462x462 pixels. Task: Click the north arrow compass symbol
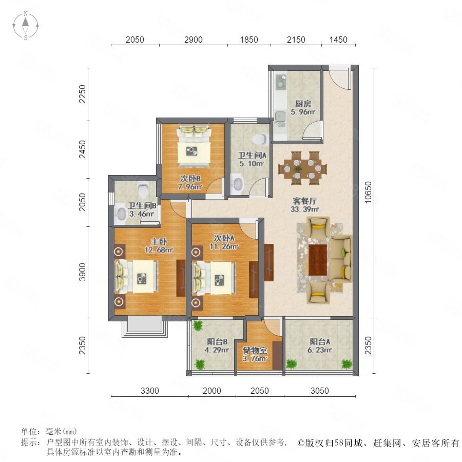[26, 26]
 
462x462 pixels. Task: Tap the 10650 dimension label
[368, 192]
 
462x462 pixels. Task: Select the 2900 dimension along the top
[194, 40]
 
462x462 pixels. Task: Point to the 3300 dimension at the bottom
[150, 391]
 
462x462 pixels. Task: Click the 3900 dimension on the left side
[83, 272]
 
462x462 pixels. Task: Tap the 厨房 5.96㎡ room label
[303, 108]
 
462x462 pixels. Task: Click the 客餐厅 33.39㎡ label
[304, 205]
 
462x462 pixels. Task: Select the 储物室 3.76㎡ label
[255, 354]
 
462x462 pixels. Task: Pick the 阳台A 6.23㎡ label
[320, 346]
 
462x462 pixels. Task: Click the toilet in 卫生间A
[260, 139]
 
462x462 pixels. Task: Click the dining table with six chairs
[302, 168]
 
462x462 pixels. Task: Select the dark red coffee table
[318, 260]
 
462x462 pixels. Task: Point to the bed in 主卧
[136, 277]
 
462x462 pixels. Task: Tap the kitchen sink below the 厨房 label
[280, 117]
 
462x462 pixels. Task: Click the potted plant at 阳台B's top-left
[198, 325]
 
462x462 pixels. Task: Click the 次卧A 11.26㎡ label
[224, 242]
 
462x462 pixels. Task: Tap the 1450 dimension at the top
[338, 40]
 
